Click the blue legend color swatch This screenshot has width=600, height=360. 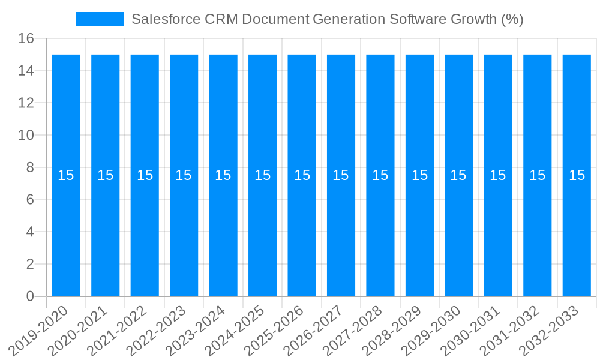pos(100,19)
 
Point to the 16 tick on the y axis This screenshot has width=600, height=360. pos(25,39)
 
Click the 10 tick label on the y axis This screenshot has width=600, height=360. pos(25,136)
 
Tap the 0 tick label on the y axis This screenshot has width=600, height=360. pos(29,296)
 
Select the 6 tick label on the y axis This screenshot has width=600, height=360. pos(29,200)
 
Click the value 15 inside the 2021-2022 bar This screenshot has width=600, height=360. pos(145,175)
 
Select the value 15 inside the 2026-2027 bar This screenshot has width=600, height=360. pos(341,175)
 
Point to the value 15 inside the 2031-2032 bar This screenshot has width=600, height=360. pos(537,175)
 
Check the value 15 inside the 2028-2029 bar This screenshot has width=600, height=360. pos(419,175)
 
